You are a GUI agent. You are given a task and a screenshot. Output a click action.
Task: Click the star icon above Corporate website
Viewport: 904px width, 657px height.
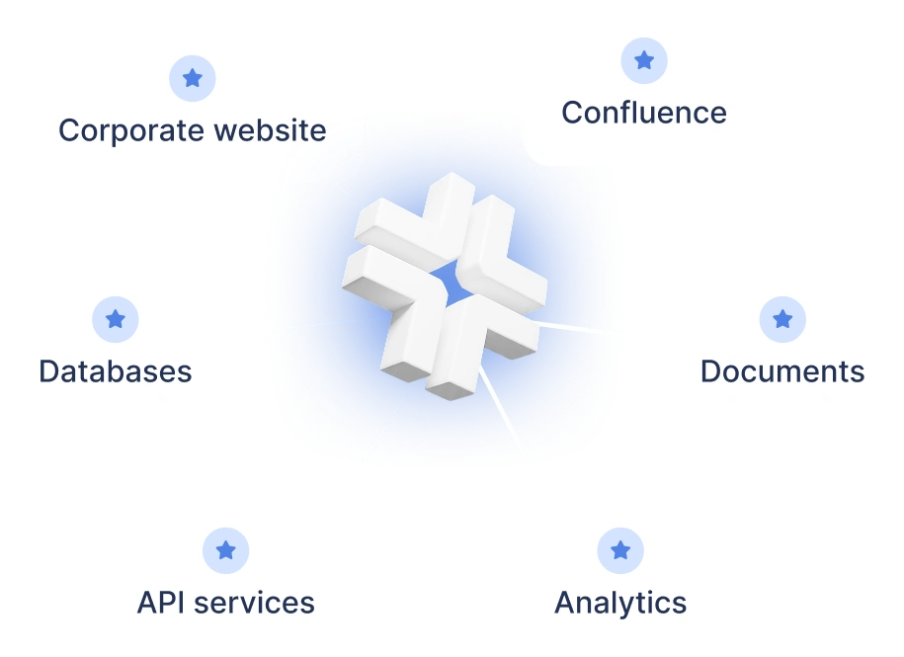[x=193, y=78]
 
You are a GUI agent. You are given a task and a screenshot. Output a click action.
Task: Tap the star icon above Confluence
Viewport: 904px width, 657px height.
[x=644, y=60]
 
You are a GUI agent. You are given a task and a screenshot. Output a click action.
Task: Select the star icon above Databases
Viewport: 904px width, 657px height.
[x=116, y=319]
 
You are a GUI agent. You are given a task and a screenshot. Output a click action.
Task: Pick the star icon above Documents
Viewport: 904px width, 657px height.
[x=782, y=319]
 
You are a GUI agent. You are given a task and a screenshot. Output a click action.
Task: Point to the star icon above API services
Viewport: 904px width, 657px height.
[x=226, y=550]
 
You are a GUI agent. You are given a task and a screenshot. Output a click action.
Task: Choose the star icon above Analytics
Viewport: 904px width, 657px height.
[x=620, y=550]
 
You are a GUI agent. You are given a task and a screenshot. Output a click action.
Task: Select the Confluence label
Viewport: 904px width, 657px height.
[x=644, y=113]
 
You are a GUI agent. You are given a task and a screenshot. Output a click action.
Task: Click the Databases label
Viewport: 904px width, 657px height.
[x=116, y=371]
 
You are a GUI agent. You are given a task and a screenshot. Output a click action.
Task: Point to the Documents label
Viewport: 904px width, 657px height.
[x=782, y=371]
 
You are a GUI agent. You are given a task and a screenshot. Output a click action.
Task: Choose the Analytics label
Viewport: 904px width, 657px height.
[x=620, y=603]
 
